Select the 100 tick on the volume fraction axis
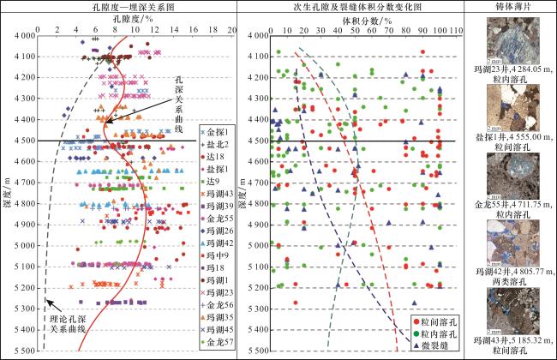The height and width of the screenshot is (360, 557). (442, 27)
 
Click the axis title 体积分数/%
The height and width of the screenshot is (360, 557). (353, 17)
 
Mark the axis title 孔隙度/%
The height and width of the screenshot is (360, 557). (129, 17)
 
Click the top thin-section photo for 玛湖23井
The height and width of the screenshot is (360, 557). (507, 40)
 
